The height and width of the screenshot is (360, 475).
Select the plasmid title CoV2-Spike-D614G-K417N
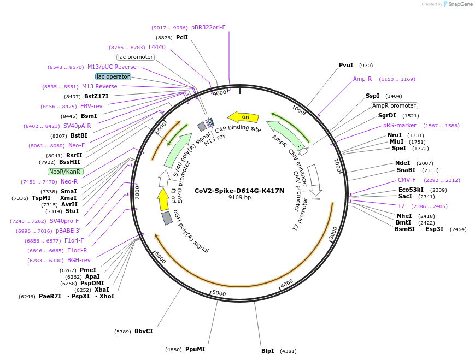[x=239, y=191]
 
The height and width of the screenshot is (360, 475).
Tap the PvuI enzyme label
[x=346, y=66]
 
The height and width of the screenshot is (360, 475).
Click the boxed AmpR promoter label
[x=394, y=105]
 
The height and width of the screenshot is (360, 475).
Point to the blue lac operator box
[x=113, y=77]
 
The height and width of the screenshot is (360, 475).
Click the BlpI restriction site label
[x=267, y=351]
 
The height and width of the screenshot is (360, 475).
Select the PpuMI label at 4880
[x=195, y=349]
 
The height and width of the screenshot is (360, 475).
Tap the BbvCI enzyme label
[x=144, y=331]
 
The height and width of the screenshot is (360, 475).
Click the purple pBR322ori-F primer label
[x=208, y=27]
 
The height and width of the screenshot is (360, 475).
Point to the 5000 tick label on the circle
[x=219, y=293]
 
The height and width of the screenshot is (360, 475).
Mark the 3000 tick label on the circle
[x=334, y=233]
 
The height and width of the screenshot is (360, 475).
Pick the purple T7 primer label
[x=401, y=206]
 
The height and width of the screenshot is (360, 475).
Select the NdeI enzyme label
[x=403, y=163]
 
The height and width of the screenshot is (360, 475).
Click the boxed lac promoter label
[x=136, y=57]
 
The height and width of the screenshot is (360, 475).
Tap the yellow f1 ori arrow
[x=163, y=199]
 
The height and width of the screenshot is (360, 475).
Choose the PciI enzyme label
[x=182, y=37]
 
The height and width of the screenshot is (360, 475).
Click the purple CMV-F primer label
[x=407, y=180]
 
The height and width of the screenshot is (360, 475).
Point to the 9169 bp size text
[x=239, y=198]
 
